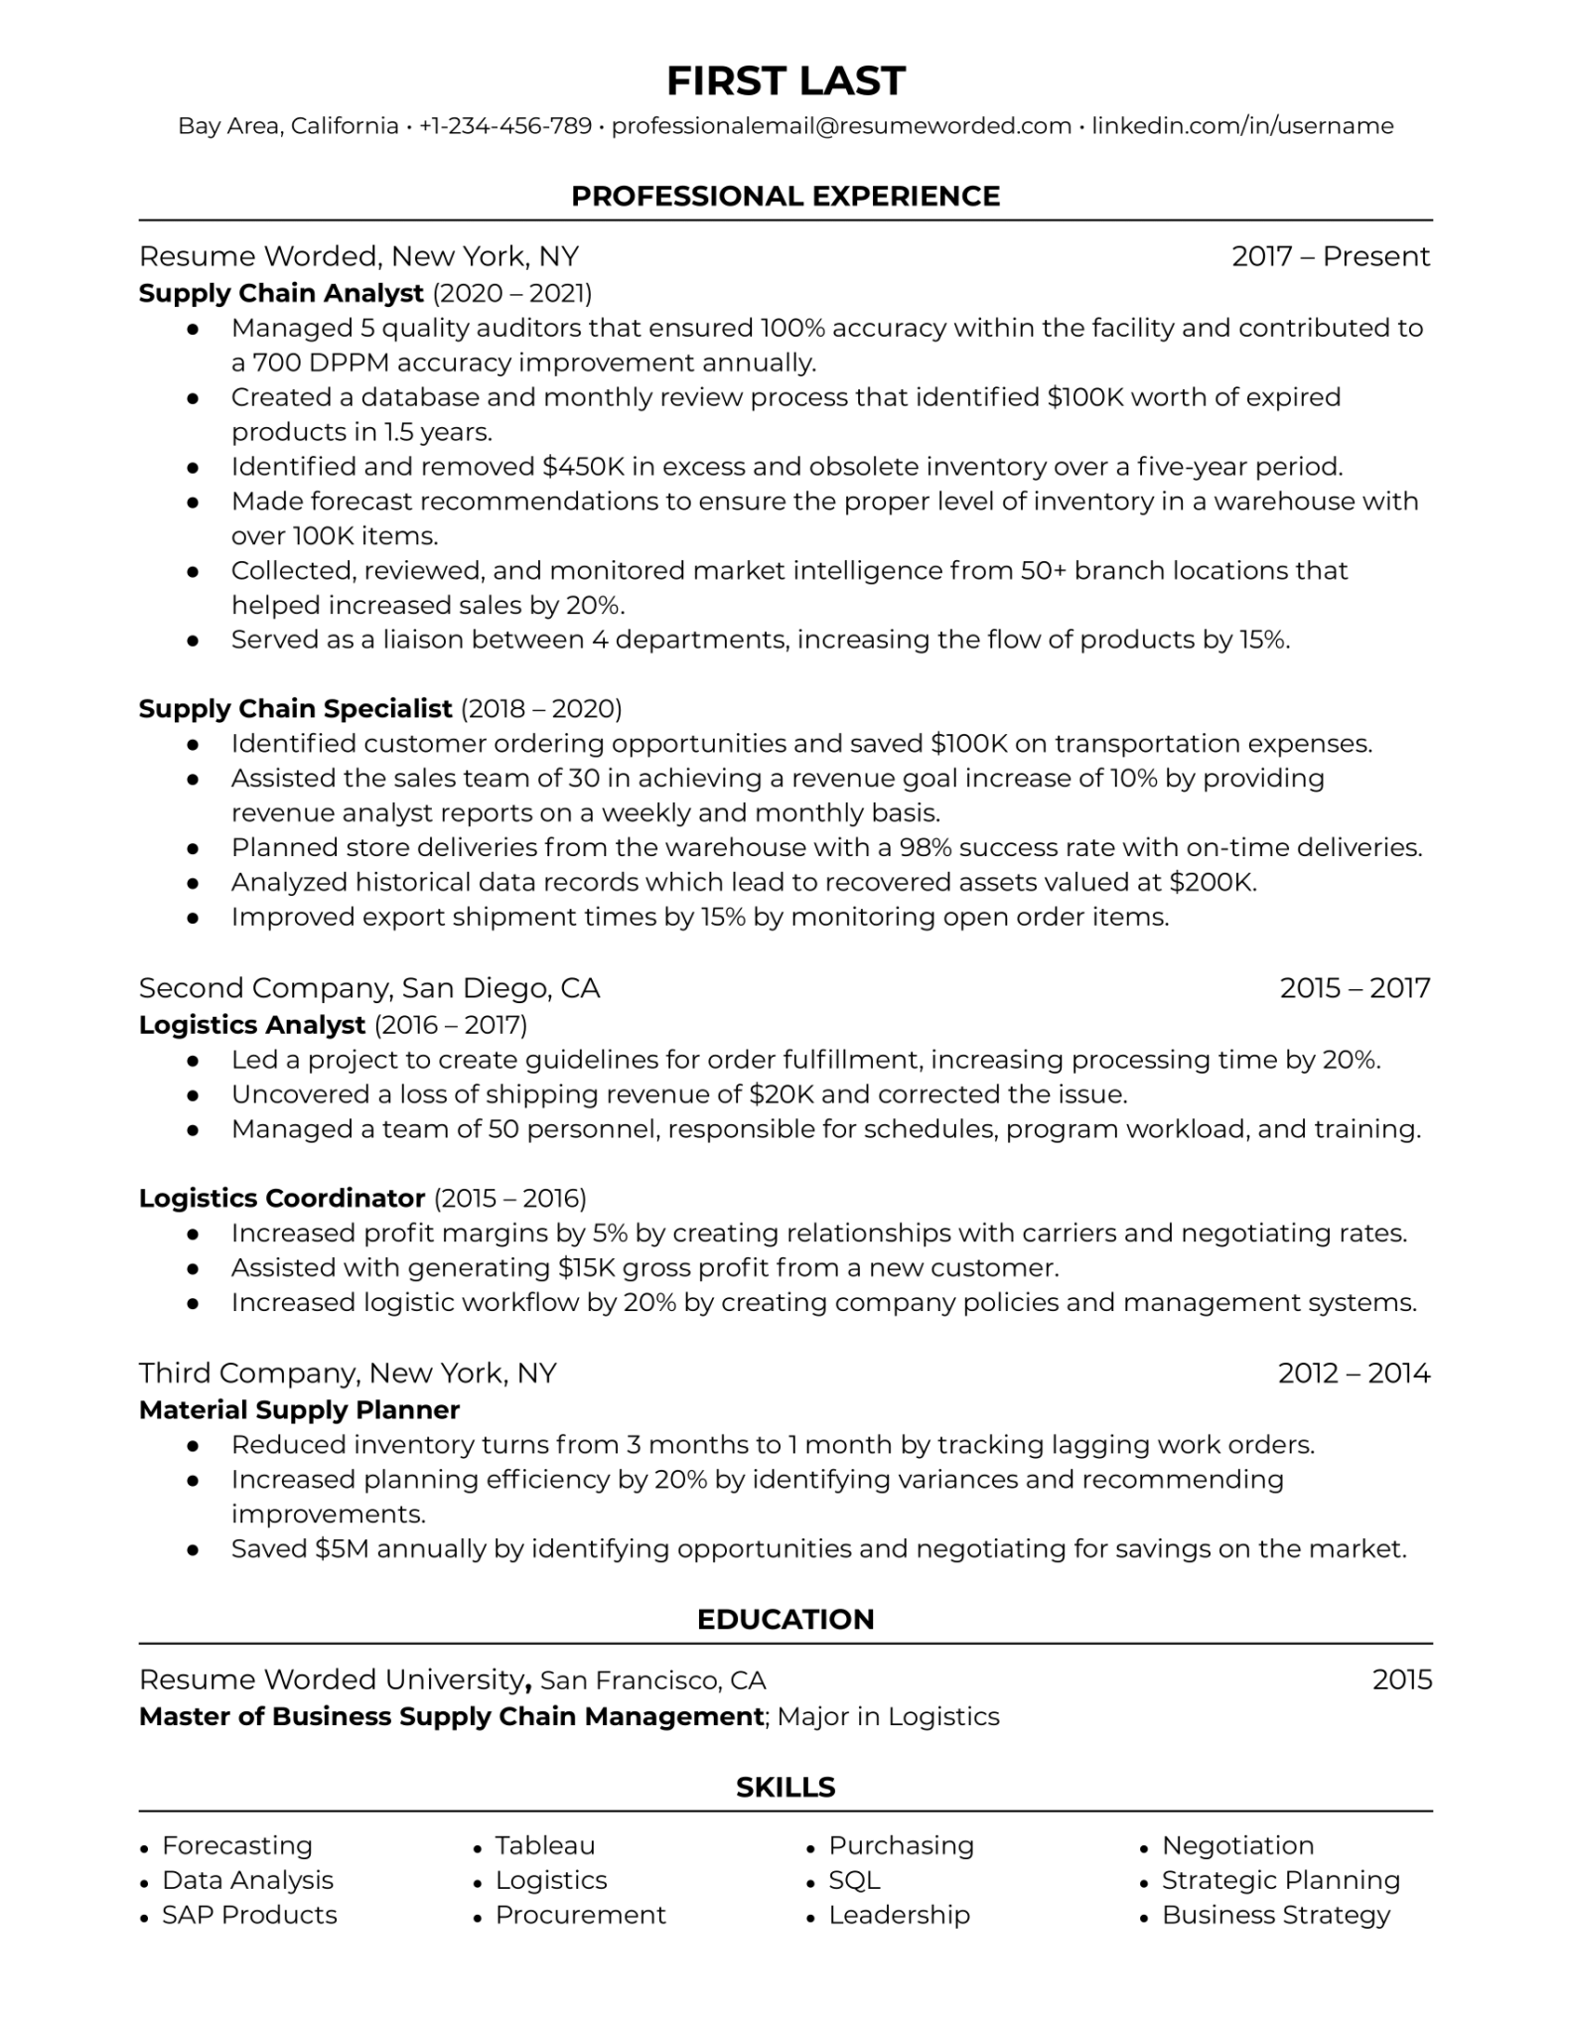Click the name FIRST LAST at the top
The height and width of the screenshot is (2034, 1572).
coord(786,81)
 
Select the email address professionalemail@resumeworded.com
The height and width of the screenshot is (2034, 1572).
coord(841,126)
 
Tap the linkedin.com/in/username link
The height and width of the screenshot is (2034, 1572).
coord(1242,126)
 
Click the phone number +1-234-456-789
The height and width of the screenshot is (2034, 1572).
coord(504,126)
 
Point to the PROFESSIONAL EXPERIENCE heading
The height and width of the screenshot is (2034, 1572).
coord(786,196)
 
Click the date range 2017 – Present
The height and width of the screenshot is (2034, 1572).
coord(1330,256)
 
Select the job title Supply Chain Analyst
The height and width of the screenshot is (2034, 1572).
coord(281,293)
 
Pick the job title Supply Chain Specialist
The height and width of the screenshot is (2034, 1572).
coord(295,708)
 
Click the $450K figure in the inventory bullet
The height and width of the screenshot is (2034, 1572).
coord(578,466)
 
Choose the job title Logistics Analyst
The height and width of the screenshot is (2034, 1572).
coord(252,1024)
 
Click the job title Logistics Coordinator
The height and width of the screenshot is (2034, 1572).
coord(282,1198)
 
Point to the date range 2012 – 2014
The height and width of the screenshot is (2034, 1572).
coord(1354,1373)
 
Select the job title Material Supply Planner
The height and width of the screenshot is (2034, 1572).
coord(299,1409)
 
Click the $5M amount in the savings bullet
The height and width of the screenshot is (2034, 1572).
coord(342,1548)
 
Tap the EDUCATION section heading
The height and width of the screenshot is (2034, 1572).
coord(786,1619)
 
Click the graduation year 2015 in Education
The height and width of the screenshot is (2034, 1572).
coord(1401,1679)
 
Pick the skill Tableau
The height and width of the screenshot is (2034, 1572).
coord(545,1845)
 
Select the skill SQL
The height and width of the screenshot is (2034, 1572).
coord(854,1880)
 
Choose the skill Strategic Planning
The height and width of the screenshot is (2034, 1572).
coord(1280,1880)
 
